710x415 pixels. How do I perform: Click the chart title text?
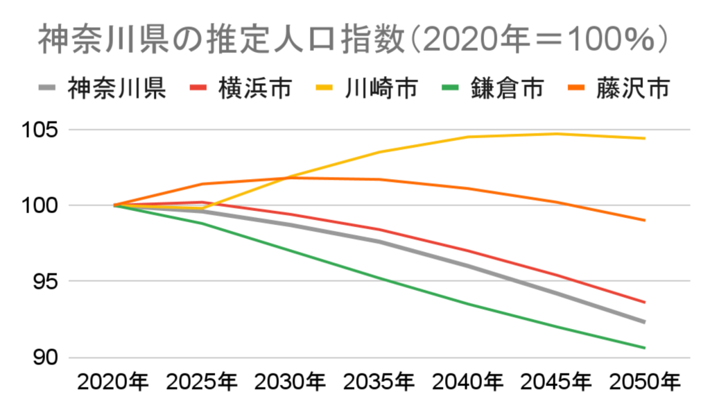coord(354,40)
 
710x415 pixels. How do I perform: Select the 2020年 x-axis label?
coord(114,382)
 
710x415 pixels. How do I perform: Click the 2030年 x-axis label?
coord(291,382)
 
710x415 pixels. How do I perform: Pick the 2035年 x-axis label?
coord(379,382)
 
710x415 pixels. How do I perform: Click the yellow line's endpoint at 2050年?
coord(645,138)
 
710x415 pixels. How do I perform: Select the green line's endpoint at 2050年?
coord(645,348)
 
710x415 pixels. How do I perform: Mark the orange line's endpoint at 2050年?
coord(645,220)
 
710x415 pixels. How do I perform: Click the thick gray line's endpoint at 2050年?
coord(645,322)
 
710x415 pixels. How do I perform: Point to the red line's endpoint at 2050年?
coord(645,302)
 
